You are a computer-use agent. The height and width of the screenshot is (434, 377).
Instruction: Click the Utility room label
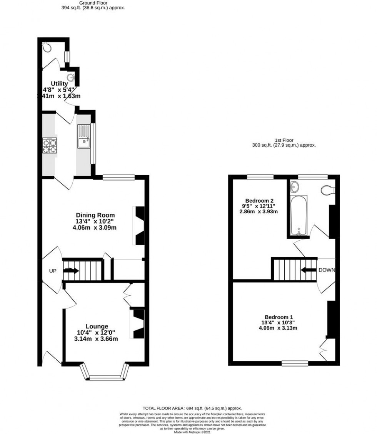pyautogui.click(x=60, y=84)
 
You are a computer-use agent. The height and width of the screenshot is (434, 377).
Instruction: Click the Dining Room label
pyautogui.click(x=95, y=215)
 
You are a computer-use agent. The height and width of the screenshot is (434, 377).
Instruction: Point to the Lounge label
pyautogui.click(x=97, y=326)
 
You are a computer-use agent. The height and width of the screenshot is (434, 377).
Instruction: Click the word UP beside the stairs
pyautogui.click(x=53, y=271)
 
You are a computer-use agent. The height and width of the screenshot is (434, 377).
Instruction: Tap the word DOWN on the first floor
pyautogui.click(x=327, y=270)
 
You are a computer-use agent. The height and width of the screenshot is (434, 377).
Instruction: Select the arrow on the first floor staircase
pyautogui.click(x=308, y=270)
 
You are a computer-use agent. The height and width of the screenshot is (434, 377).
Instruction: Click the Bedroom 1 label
pyautogui.click(x=279, y=317)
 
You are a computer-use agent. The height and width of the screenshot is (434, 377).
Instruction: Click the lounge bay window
pyautogui.click(x=104, y=375)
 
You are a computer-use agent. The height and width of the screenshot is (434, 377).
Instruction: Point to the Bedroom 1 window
pyautogui.click(x=295, y=363)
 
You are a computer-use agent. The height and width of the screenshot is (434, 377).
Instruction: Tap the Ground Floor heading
pyautogui.click(x=93, y=2)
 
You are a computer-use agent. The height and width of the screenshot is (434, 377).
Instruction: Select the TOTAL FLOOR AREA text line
pyautogui.click(x=192, y=408)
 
